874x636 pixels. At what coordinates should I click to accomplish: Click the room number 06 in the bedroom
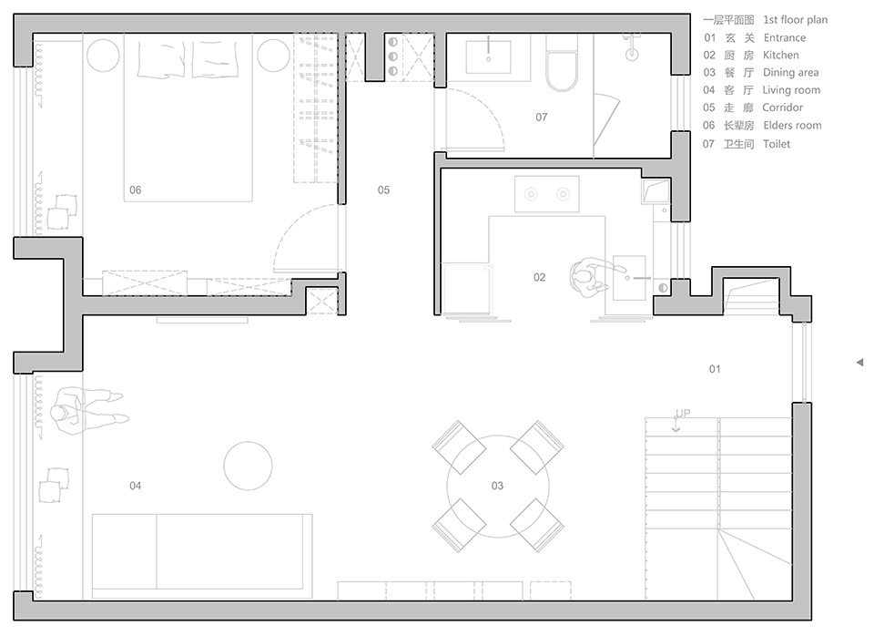pos(136,190)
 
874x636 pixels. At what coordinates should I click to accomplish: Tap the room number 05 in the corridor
pos(383,190)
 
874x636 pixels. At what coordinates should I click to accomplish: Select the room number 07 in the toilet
pos(541,118)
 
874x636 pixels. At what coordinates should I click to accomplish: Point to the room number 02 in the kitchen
pos(539,277)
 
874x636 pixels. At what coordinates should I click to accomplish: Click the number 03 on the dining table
pos(497,486)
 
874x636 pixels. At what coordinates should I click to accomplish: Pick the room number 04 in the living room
pos(136,486)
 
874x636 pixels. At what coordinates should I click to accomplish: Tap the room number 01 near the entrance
pos(715,369)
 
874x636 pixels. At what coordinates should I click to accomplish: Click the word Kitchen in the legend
pos(780,56)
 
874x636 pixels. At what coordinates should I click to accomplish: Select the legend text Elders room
pos(792,126)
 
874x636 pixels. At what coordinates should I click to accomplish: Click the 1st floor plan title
pos(795,20)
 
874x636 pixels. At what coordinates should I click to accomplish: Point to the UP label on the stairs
pos(683,414)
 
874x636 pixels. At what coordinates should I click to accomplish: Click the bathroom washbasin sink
pos(488,56)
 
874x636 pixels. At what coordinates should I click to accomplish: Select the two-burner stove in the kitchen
pos(547,194)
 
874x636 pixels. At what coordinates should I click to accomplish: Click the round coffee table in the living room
pos(248,466)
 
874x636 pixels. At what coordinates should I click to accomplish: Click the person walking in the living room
pos(89,411)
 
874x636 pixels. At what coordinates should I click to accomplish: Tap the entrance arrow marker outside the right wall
pos(859,363)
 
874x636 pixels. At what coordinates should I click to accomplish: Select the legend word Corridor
pos(783,108)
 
